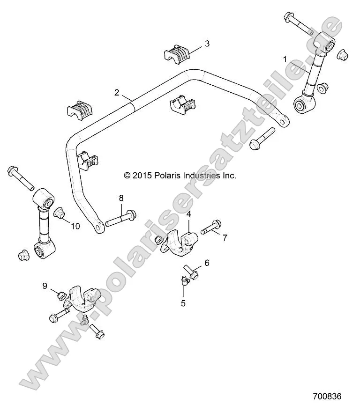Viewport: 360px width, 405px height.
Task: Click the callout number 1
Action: point(285,59)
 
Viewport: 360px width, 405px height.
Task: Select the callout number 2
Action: point(117,92)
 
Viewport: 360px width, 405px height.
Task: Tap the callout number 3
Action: point(207,44)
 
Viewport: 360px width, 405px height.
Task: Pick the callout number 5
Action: point(183,303)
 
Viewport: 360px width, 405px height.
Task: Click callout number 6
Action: point(207,263)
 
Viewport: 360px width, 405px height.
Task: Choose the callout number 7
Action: point(225,238)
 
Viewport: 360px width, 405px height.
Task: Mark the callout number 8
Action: point(121,198)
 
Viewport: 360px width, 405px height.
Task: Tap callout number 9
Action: point(45,286)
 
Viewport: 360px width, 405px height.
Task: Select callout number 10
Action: point(75,226)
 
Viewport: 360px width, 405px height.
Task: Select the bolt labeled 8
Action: point(121,219)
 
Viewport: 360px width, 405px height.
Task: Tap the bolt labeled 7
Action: point(211,227)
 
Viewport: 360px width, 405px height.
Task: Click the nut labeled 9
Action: point(60,296)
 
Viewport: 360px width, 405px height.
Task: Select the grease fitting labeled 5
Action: point(184,280)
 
